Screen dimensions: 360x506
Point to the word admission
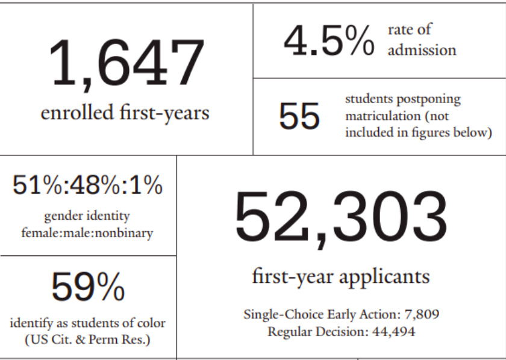point(422,50)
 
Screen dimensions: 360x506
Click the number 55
point(299,116)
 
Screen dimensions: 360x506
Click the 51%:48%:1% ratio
point(87,185)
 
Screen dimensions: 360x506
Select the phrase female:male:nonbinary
point(87,232)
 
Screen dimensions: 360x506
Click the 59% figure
point(88,288)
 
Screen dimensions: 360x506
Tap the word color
point(150,323)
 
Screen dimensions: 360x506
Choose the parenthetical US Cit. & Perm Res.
point(88,339)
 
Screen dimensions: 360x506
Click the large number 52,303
point(341,217)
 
